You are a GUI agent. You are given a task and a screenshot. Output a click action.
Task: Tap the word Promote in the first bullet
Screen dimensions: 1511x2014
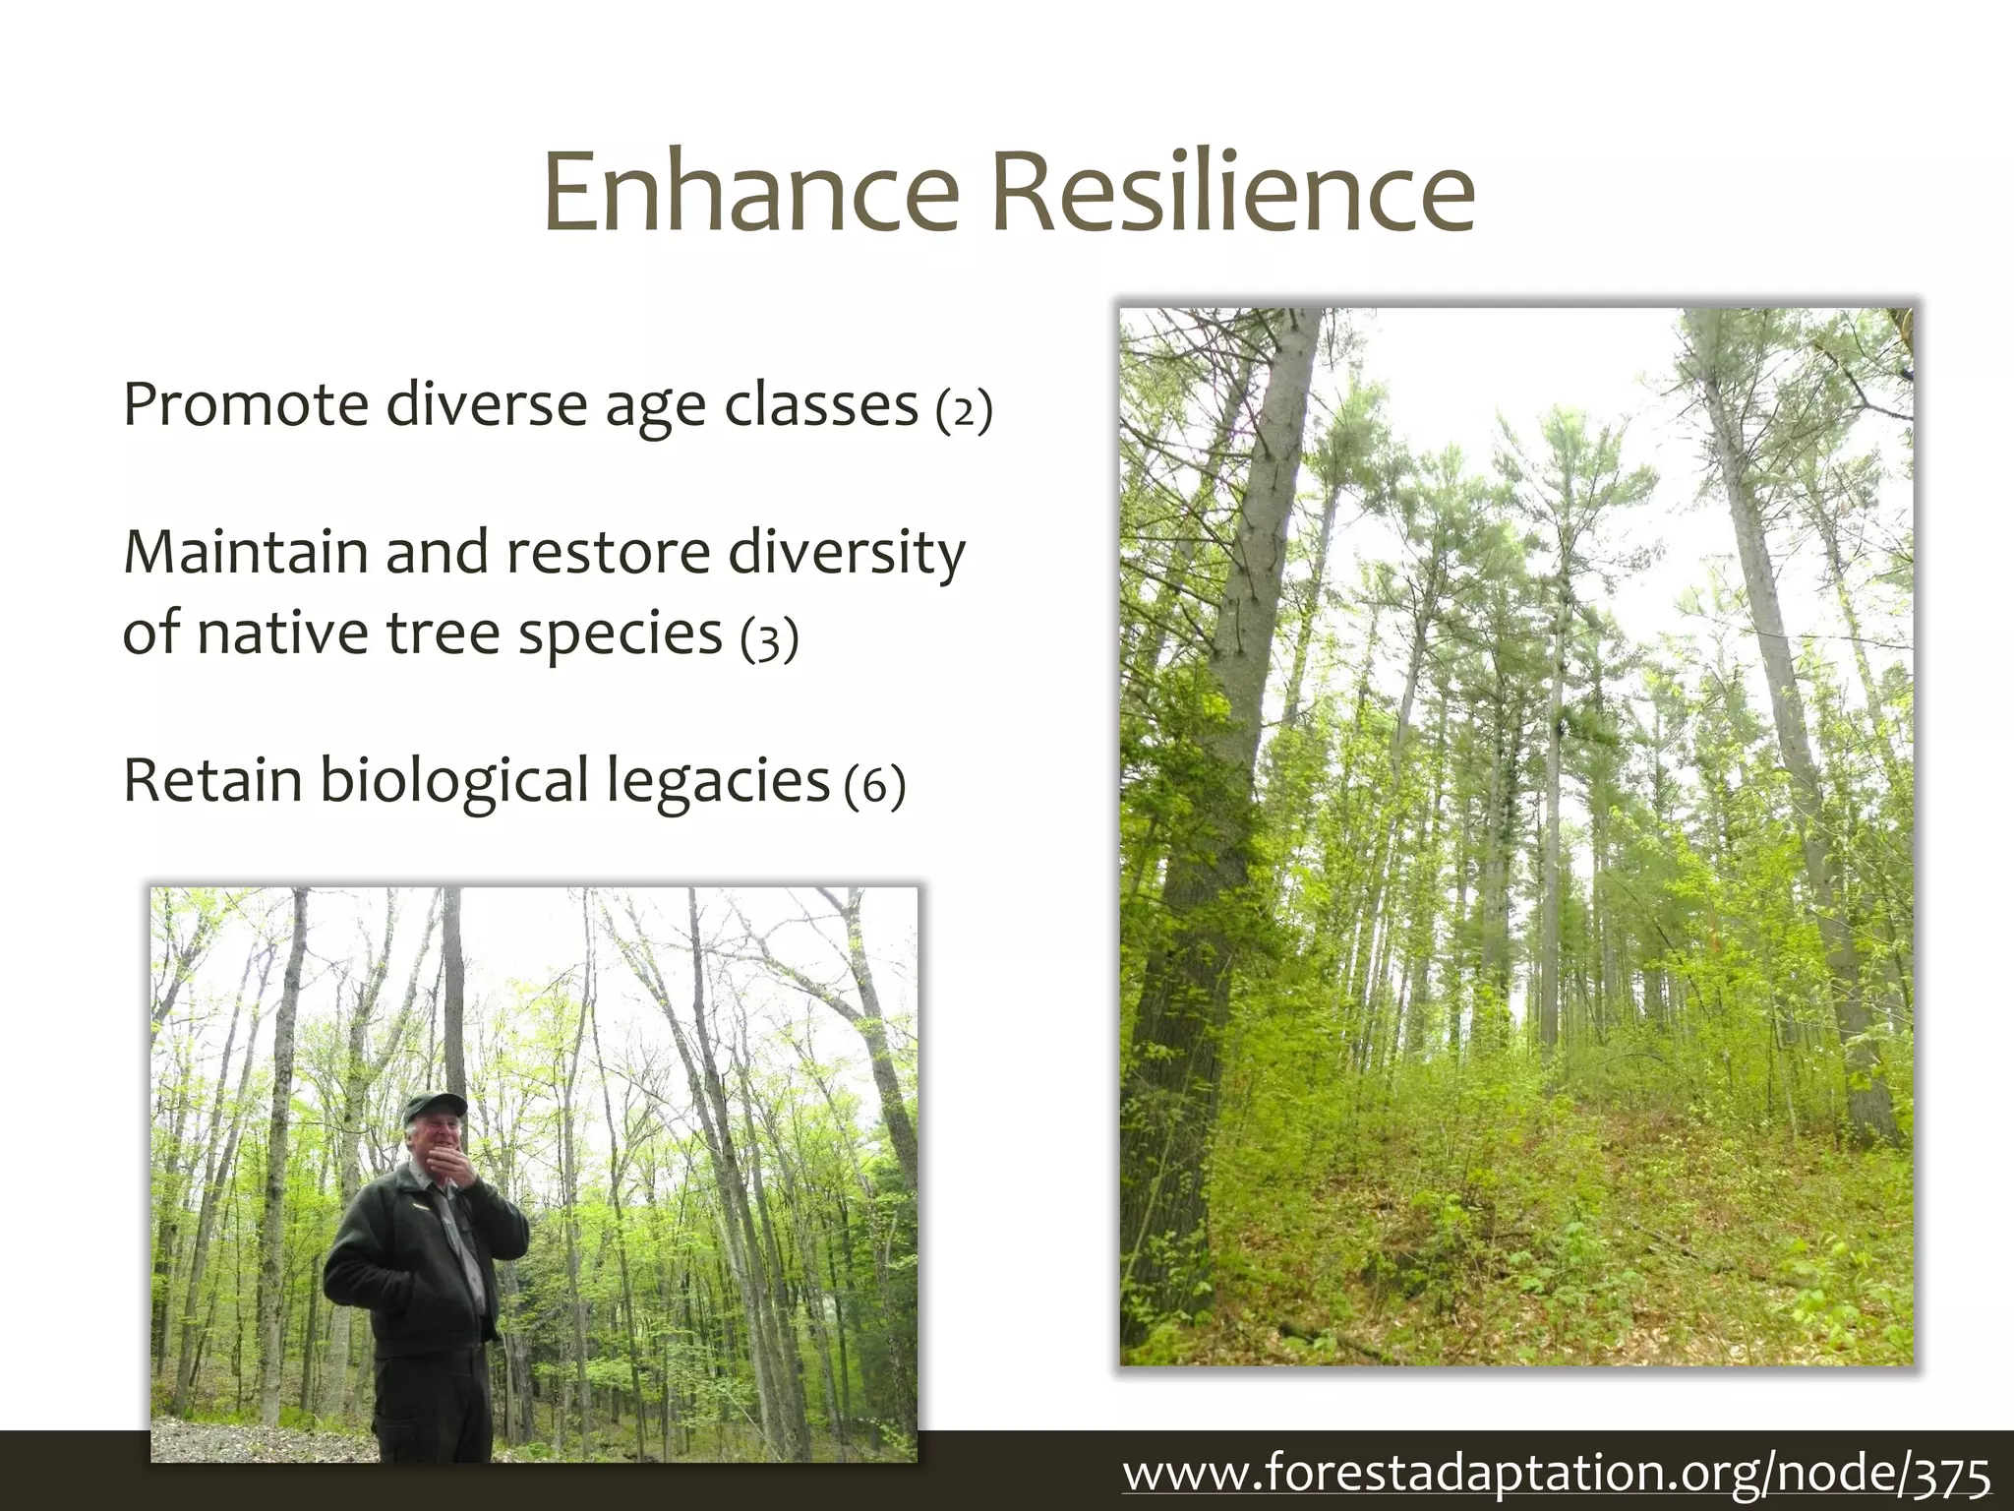[x=245, y=404]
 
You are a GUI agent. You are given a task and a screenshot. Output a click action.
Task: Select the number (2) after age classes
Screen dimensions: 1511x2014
[x=963, y=409]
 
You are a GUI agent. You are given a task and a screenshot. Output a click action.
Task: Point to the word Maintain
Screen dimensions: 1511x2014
[x=246, y=552]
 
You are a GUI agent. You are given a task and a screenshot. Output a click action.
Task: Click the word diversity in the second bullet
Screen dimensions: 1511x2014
[x=847, y=554]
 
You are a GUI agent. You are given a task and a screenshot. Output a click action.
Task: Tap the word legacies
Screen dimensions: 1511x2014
[x=717, y=782]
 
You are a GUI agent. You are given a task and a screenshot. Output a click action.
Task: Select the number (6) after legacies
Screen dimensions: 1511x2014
[x=874, y=786]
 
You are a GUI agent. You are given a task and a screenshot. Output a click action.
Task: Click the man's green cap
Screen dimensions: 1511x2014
[x=434, y=1106]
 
